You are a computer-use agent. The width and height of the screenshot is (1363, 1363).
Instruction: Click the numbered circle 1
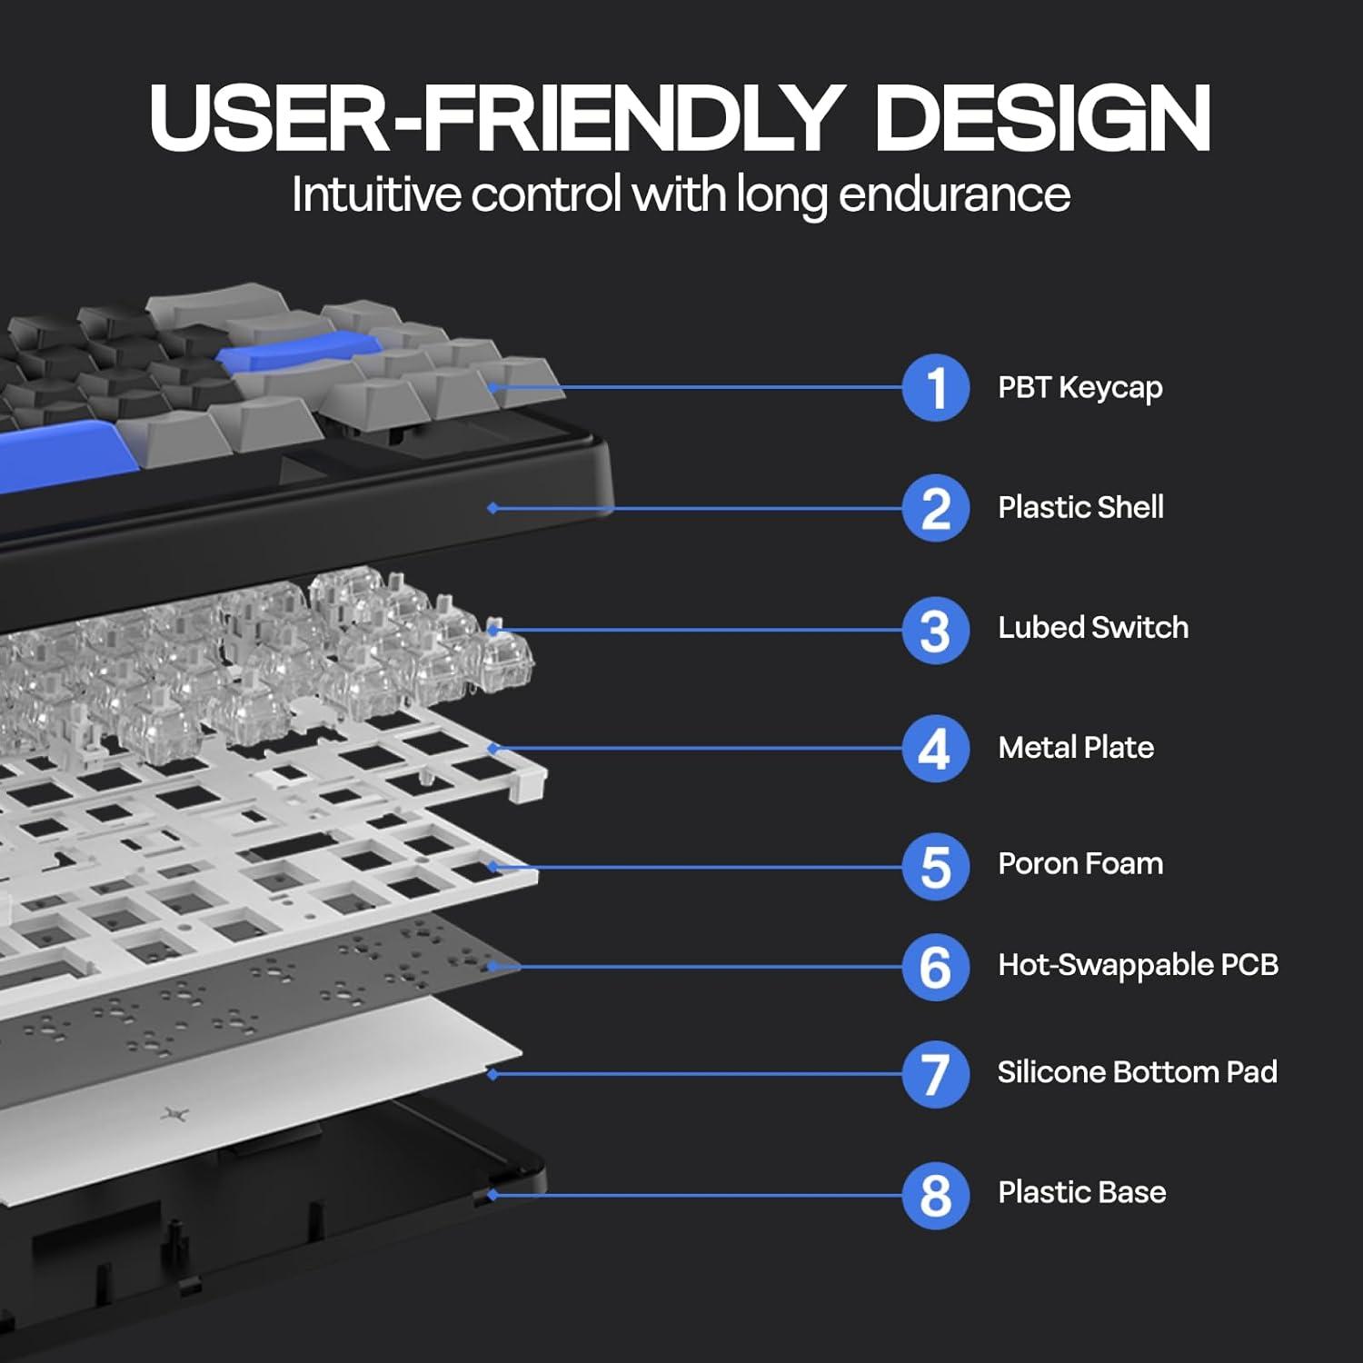coord(936,388)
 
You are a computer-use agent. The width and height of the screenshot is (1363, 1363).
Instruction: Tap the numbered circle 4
coord(936,749)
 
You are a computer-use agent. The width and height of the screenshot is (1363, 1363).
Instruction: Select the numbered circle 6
coord(936,967)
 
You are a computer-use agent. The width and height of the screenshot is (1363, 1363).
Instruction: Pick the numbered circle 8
coord(936,1195)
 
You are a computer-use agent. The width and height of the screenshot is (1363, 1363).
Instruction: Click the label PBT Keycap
coord(1080,388)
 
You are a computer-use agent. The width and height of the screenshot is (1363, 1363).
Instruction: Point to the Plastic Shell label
coord(1081,507)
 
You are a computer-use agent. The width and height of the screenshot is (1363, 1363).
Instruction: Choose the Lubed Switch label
coord(1093,627)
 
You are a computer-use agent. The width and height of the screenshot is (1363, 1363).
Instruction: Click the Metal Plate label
coord(1076,747)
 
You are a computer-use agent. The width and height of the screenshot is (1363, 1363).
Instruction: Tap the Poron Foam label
coord(1080,863)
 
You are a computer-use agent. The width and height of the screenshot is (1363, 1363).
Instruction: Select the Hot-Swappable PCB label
coord(1139,965)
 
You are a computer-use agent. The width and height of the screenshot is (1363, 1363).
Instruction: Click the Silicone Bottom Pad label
coord(1138,1072)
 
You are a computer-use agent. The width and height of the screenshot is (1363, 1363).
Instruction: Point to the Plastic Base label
coord(1082,1192)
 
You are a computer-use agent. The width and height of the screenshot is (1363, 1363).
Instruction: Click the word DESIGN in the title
coord(1043,118)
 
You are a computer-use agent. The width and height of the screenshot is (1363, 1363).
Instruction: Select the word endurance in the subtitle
coord(954,194)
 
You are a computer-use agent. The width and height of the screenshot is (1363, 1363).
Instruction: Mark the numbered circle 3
coord(936,630)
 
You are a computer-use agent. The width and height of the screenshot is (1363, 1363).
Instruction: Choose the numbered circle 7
coord(936,1074)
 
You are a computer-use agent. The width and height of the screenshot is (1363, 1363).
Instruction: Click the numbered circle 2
coord(936,508)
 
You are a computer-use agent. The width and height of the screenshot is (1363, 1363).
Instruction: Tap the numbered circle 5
coord(936,867)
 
